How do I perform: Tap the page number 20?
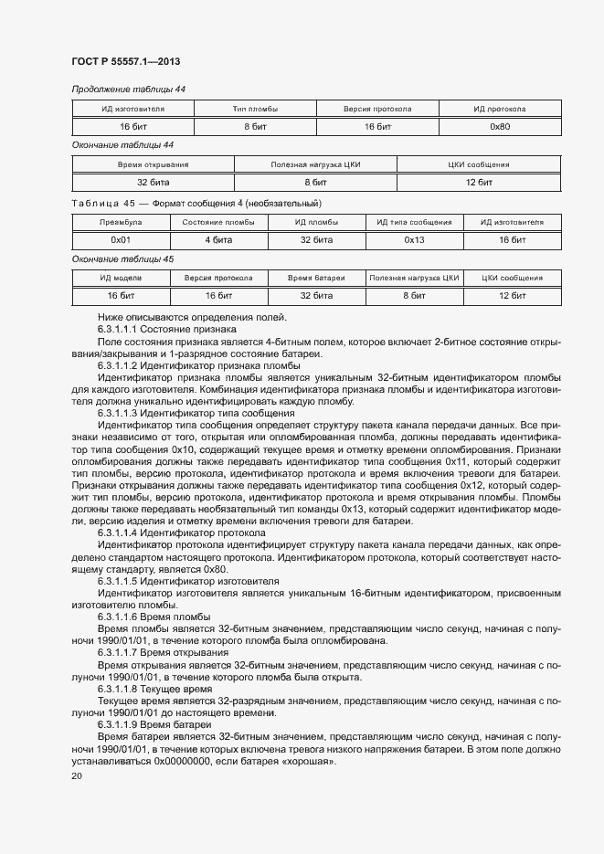[77, 775]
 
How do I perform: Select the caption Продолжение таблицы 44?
[129, 89]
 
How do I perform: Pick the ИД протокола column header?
[499, 109]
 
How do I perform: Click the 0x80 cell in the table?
[499, 126]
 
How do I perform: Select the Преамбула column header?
[121, 222]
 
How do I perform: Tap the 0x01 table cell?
[121, 239]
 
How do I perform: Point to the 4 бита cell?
[218, 239]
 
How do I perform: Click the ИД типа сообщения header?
[414, 222]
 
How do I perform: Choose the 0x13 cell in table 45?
[414, 239]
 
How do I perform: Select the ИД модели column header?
[121, 278]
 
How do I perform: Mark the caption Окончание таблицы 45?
[122, 258]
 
